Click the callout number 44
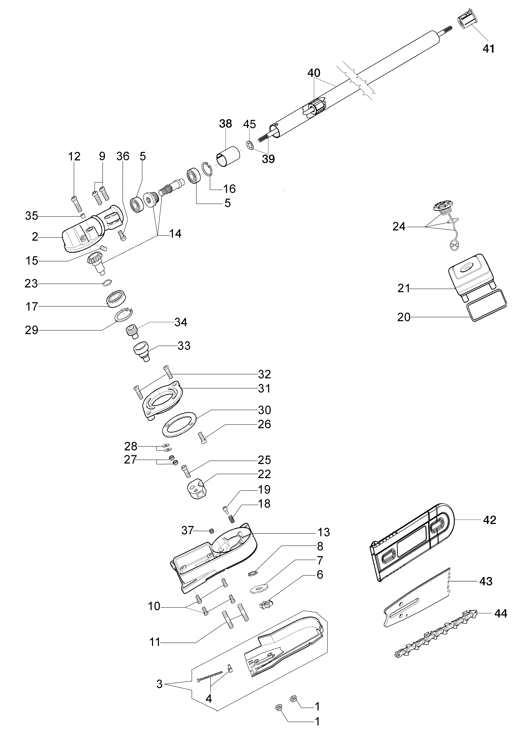pos(501,614)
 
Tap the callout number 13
pos(323,532)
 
